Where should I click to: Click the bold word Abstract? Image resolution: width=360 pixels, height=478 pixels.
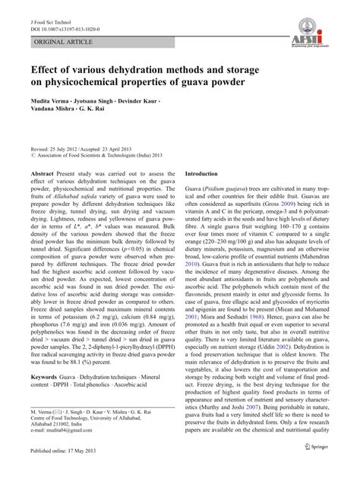tap(42, 195)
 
